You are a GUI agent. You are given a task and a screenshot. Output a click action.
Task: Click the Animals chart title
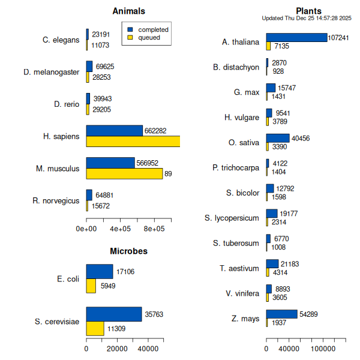click(x=129, y=11)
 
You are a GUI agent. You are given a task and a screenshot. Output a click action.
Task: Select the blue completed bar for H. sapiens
click(x=114, y=131)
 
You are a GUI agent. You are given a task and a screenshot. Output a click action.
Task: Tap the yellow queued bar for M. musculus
click(x=124, y=173)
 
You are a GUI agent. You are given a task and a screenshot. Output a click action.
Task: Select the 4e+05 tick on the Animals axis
click(x=121, y=229)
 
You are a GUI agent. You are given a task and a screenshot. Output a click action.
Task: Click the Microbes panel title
click(x=128, y=251)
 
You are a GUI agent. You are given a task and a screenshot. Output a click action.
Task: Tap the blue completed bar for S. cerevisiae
click(x=114, y=314)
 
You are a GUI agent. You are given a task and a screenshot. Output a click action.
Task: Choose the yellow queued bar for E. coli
click(x=91, y=286)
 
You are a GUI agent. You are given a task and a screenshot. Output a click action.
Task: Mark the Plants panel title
click(x=308, y=11)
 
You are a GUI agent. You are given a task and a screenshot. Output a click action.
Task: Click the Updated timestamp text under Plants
click(x=307, y=19)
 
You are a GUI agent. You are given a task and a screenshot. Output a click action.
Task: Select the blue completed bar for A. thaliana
click(x=296, y=37)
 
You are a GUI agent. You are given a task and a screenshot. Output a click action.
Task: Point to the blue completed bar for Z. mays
click(x=281, y=314)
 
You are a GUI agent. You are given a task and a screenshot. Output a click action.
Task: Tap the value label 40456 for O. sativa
click(x=301, y=139)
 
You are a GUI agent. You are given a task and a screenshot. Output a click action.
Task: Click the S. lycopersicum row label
click(x=232, y=218)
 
